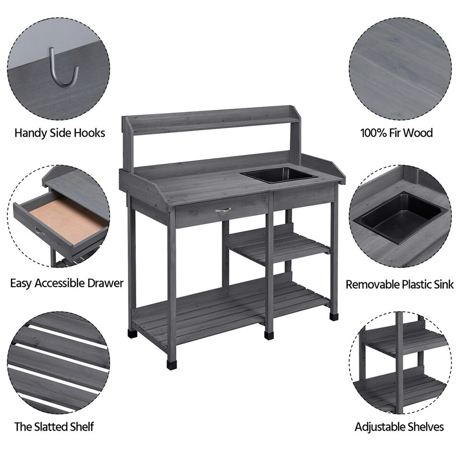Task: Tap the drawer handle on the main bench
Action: coord(223,210)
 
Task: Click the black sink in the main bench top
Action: coord(281,174)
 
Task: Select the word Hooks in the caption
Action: coord(89,133)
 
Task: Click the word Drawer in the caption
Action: coord(105,283)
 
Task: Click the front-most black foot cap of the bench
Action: coord(172,365)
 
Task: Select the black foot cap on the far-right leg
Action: coord(333,316)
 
